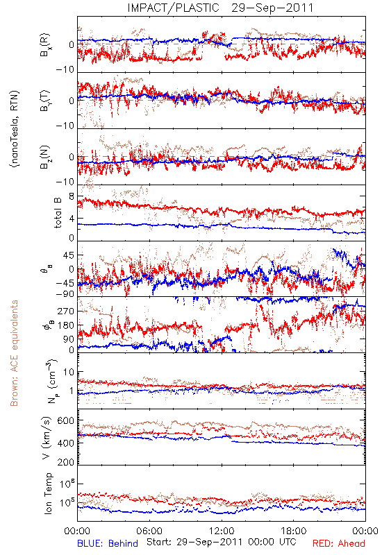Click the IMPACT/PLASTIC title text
click(173, 8)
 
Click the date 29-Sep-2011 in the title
click(272, 8)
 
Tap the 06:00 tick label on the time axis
click(149, 531)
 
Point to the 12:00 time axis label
click(222, 531)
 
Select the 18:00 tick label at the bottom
click(294, 531)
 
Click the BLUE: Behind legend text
click(108, 543)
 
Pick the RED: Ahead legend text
click(338, 543)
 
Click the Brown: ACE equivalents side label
click(14, 353)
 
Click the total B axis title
click(58, 212)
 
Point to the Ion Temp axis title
click(48, 493)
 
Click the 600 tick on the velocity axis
click(65, 420)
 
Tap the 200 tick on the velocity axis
click(65, 461)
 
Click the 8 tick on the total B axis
click(72, 196)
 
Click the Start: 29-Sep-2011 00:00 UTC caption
click(221, 542)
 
